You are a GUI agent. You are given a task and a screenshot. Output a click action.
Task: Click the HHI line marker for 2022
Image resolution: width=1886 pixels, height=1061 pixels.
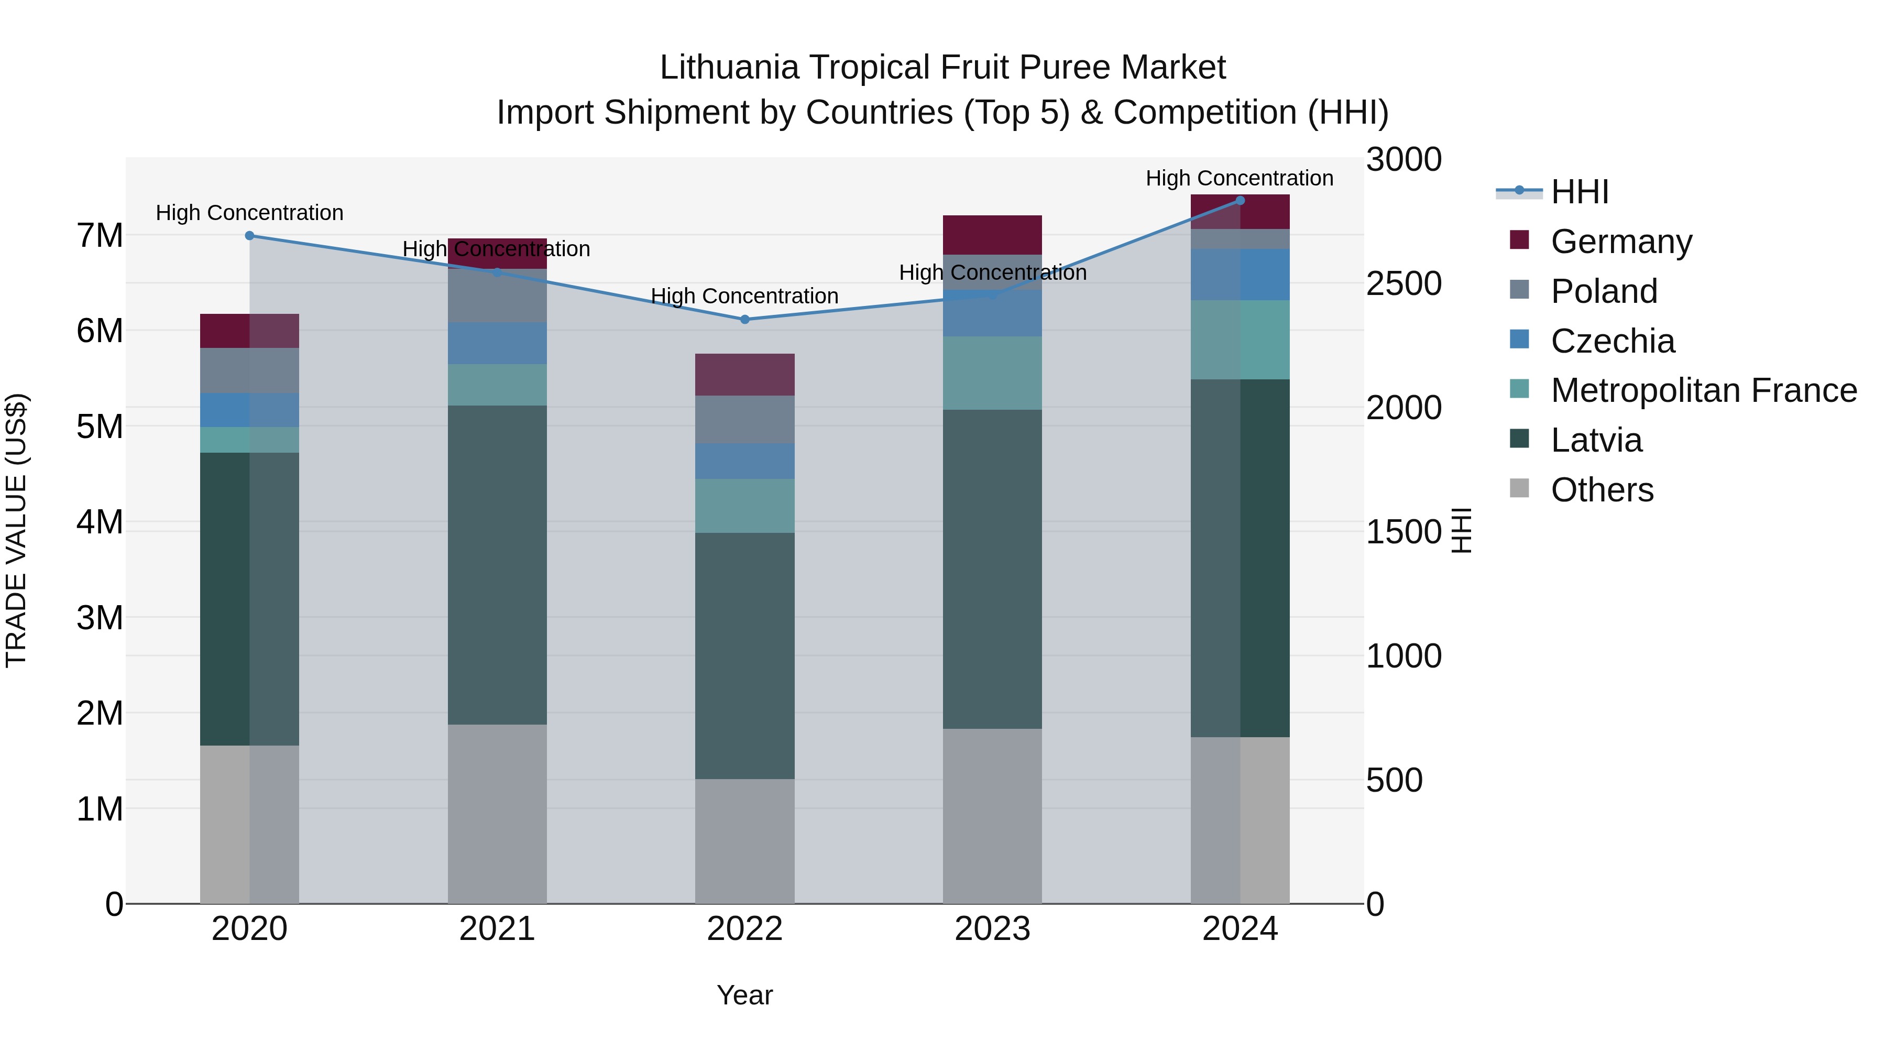pyautogui.click(x=744, y=319)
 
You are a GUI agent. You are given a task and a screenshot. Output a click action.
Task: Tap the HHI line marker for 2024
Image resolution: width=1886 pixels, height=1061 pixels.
pyautogui.click(x=1240, y=201)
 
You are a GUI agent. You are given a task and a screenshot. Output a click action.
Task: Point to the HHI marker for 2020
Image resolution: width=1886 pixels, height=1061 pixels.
pyautogui.click(x=250, y=236)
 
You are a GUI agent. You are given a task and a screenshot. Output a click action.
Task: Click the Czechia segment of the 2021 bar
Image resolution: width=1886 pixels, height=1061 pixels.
pyautogui.click(x=497, y=343)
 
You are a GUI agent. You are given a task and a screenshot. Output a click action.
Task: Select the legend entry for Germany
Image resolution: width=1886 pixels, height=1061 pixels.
pyautogui.click(x=1621, y=242)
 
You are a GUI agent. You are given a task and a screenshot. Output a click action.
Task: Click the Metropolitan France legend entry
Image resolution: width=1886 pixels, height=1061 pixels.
pyautogui.click(x=1704, y=390)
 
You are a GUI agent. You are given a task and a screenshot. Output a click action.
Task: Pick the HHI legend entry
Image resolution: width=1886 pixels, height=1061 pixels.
pyautogui.click(x=1579, y=192)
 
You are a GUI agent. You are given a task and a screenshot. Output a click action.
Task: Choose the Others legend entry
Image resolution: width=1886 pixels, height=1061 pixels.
pyautogui.click(x=1602, y=490)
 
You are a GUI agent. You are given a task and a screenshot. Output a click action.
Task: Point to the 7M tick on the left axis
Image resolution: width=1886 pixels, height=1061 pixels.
pyautogui.click(x=100, y=236)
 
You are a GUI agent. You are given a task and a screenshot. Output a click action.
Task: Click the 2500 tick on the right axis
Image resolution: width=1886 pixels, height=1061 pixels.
pyautogui.click(x=1403, y=283)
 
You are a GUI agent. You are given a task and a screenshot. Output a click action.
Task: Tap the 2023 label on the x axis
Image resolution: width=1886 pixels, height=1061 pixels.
pyautogui.click(x=992, y=929)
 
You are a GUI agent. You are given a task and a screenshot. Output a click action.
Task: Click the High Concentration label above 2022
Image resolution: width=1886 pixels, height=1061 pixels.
pyautogui.click(x=744, y=296)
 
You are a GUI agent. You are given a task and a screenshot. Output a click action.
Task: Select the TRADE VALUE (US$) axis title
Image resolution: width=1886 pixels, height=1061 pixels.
pyautogui.click(x=16, y=530)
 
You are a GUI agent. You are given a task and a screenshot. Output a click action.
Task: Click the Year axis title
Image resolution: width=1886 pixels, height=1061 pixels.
pyautogui.click(x=744, y=995)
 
